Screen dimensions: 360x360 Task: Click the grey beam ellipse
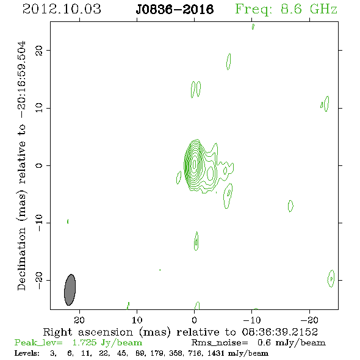pos(70,290)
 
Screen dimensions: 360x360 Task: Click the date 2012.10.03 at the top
pos(62,9)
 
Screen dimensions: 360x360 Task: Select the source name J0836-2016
pos(175,10)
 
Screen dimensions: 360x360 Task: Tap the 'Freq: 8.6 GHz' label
pos(286,9)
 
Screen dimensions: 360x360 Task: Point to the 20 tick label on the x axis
pos(79,320)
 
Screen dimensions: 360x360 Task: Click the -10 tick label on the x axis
pos(252,320)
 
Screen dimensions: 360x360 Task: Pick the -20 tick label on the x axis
pos(309,320)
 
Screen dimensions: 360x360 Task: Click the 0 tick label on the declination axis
pos(39,165)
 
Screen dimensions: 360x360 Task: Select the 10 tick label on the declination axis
pos(39,108)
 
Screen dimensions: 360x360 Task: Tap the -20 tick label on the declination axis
pos(39,281)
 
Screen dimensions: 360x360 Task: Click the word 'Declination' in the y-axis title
pos(21,259)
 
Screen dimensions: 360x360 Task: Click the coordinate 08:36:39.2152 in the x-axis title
pos(280,332)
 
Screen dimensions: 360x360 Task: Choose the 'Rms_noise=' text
pos(220,343)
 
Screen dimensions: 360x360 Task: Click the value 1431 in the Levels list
pos(216,353)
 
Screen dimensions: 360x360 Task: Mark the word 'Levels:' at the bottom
pos(27,353)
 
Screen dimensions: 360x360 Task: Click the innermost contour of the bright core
pos(195,164)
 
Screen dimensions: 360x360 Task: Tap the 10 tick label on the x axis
pos(137,320)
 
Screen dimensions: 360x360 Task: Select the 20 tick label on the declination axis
pos(39,51)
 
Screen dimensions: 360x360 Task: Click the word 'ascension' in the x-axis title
pos(106,332)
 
